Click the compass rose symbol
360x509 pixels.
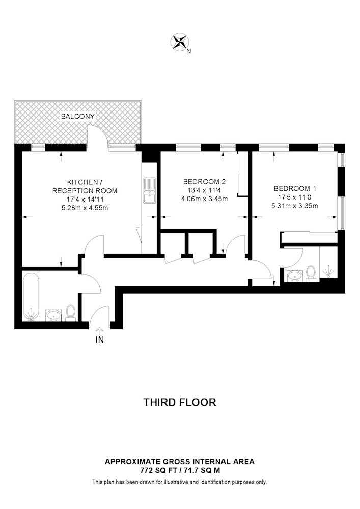(180, 42)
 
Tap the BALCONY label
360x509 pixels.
(78, 116)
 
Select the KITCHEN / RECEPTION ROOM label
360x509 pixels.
(85, 186)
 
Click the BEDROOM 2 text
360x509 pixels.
(205, 182)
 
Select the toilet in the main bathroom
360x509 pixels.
(70, 313)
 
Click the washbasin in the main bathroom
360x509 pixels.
(53, 315)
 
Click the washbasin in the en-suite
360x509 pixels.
(295, 276)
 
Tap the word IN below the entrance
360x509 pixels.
(100, 340)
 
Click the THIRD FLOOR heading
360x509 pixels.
(180, 402)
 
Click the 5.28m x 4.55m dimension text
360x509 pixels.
(85, 208)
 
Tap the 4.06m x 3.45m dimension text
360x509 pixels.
(205, 199)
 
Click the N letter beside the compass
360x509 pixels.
(189, 51)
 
